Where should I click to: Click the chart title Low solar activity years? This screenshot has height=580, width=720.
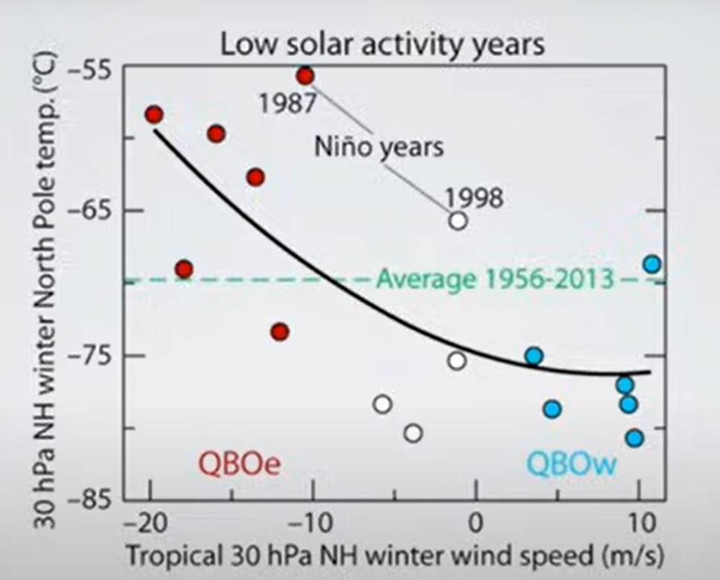383,45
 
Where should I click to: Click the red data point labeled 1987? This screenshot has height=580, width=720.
305,76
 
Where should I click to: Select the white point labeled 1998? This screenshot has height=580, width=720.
458,221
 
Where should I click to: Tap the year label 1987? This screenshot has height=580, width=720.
287,103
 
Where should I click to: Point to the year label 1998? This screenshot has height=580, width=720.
474,198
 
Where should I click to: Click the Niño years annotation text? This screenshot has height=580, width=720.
379,147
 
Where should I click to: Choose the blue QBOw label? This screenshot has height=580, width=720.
571,464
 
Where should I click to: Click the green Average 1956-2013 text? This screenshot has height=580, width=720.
495,278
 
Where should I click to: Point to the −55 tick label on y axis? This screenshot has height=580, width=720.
89,72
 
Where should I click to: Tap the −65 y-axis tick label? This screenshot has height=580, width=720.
89,210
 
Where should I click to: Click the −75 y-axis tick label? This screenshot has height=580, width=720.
89,355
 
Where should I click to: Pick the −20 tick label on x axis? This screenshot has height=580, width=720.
144,523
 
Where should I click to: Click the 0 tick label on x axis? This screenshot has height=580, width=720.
477,523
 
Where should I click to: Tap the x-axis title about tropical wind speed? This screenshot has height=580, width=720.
395,555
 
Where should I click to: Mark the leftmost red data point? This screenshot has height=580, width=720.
154,115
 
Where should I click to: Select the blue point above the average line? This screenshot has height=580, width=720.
652,264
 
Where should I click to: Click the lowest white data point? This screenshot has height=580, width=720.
413,433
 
